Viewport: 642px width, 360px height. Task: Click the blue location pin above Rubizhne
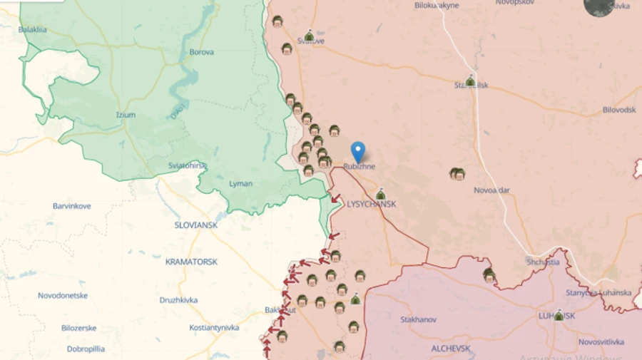point(358,150)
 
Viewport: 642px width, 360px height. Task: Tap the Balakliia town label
point(33,30)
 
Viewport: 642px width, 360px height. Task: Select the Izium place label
point(126,115)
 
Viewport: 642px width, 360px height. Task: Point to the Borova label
point(201,52)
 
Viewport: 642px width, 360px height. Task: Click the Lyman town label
point(240,184)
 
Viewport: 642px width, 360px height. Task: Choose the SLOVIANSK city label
point(195,225)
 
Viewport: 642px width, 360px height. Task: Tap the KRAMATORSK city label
point(191,262)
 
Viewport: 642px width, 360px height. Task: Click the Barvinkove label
point(72,206)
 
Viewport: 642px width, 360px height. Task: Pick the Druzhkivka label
point(178,300)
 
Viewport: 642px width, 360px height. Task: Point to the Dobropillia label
point(86,349)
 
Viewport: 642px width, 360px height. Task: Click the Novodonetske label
point(63,295)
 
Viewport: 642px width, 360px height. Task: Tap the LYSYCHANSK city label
point(371,204)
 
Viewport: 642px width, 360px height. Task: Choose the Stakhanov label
point(419,319)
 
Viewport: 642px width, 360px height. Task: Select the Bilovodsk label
point(618,110)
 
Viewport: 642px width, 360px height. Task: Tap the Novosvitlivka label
point(601,341)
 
